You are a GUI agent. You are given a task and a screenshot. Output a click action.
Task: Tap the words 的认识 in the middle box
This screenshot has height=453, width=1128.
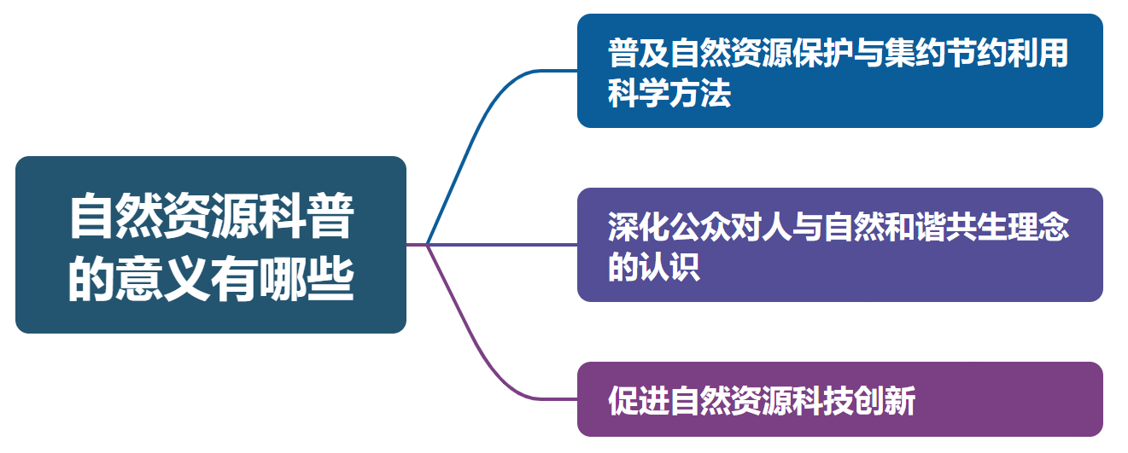tap(654, 268)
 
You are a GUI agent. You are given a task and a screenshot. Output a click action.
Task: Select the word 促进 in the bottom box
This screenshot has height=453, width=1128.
tap(639, 400)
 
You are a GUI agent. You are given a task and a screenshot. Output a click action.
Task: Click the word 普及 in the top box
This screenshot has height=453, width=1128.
tap(639, 54)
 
